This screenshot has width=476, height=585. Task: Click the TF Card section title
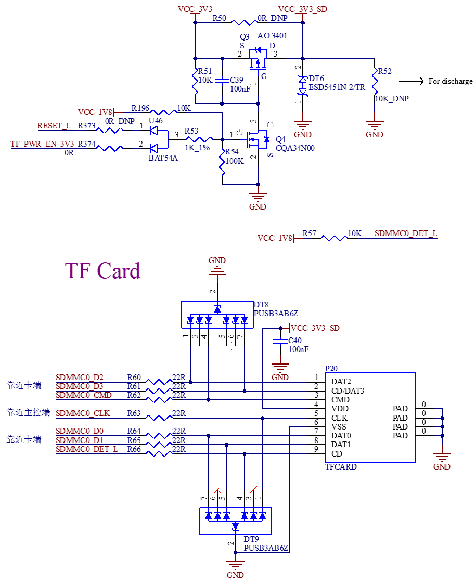click(102, 270)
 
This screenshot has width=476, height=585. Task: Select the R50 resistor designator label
click(219, 18)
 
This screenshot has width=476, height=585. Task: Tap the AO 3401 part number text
click(272, 36)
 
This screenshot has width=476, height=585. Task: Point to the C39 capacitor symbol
click(222, 80)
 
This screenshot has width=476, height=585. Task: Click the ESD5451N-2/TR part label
click(337, 87)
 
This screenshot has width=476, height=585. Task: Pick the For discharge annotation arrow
click(411, 81)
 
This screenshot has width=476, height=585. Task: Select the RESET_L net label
click(54, 126)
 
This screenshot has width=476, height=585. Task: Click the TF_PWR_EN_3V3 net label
click(42, 144)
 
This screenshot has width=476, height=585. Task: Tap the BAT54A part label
click(163, 158)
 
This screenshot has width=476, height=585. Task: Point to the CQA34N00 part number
click(295, 148)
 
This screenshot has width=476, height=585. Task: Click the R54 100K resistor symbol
click(222, 162)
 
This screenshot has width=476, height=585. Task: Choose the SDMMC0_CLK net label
click(83, 413)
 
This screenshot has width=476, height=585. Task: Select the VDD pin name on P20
click(340, 409)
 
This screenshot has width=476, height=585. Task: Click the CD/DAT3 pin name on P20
click(348, 391)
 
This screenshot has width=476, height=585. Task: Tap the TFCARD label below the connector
click(341, 467)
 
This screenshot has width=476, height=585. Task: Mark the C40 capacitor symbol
click(280, 341)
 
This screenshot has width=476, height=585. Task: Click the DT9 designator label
click(251, 539)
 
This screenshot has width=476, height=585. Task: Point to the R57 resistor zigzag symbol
click(334, 238)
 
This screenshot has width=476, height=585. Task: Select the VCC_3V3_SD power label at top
click(303, 9)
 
